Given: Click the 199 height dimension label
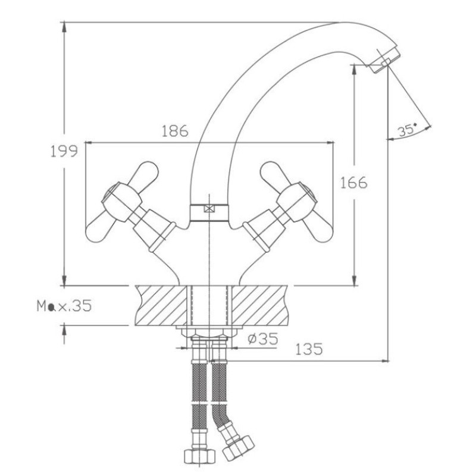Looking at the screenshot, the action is (64, 151).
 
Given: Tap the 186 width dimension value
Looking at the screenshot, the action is (175, 131).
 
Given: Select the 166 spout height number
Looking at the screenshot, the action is (353, 183).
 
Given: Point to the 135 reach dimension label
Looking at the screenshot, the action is (309, 349).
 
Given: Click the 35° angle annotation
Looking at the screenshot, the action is (408, 130).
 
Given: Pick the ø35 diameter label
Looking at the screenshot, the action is (263, 339).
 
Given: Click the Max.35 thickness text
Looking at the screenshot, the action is (64, 306).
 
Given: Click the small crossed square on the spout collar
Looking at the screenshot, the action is (209, 209).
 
